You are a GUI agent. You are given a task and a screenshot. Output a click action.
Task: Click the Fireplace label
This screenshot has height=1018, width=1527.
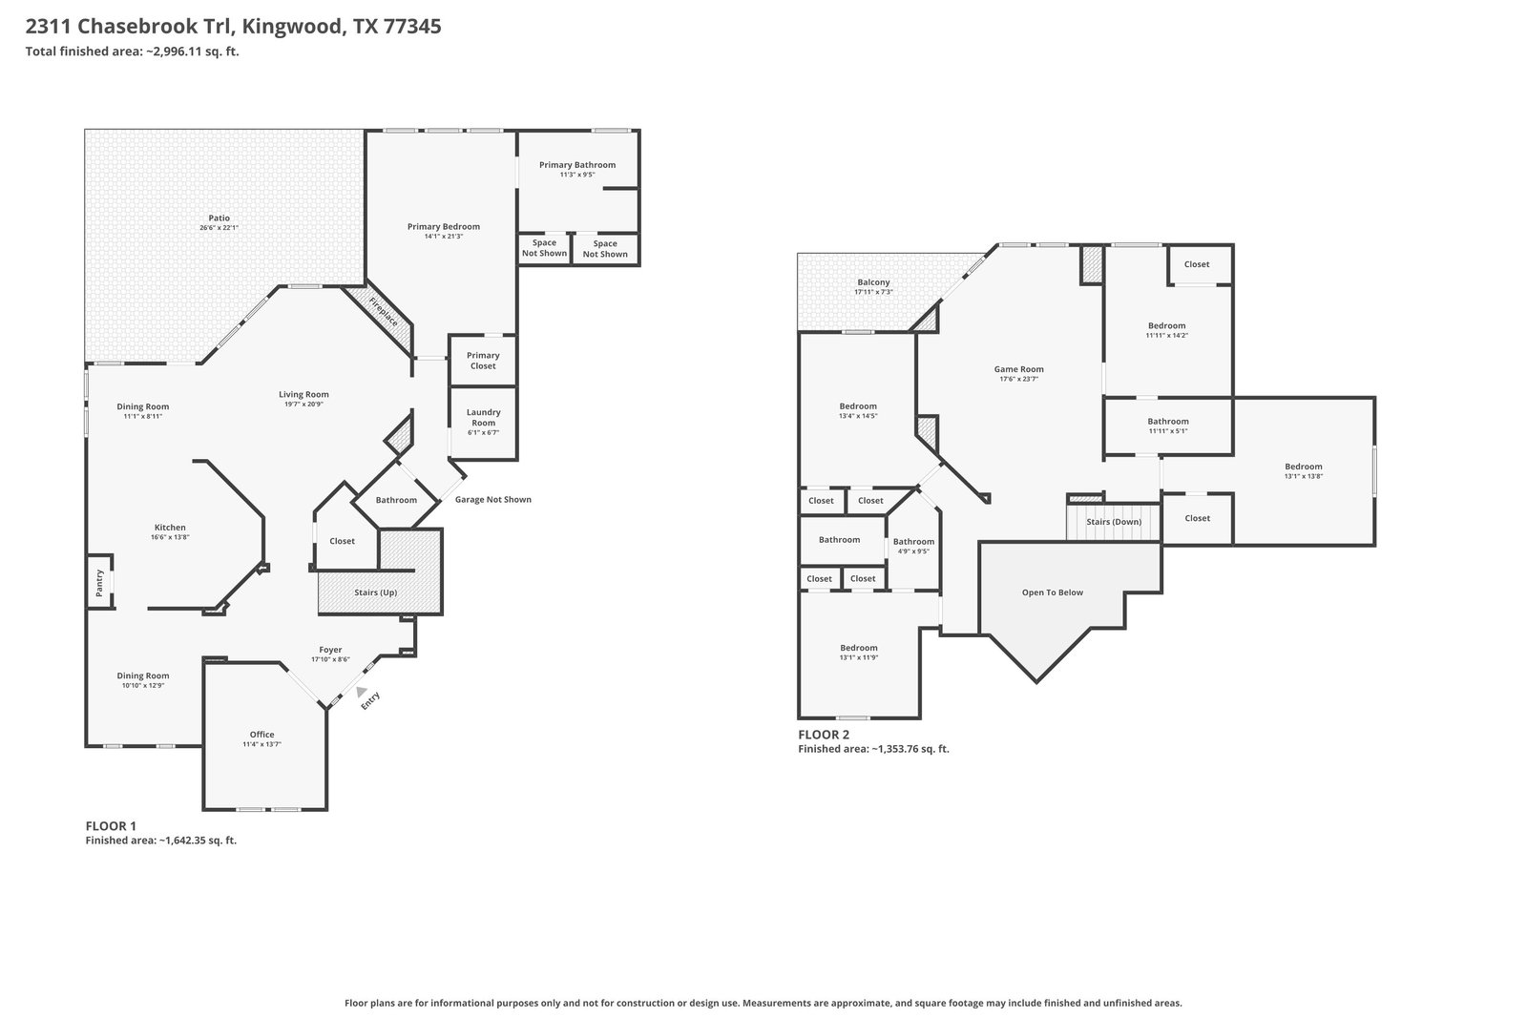pos(383,311)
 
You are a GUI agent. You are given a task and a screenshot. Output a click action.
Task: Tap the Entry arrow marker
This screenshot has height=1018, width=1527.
pos(361,692)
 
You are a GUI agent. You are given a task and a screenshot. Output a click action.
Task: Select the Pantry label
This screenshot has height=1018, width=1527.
pos(99,583)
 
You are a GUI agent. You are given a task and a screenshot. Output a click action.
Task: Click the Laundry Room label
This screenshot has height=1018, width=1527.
pos(483,417)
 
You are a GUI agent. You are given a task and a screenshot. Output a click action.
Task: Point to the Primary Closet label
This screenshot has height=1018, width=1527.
pos(483,361)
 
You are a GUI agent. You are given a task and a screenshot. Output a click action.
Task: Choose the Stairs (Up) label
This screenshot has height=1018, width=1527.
pos(376,592)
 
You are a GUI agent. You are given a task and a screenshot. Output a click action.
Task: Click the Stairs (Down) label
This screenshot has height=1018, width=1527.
pos(1114,521)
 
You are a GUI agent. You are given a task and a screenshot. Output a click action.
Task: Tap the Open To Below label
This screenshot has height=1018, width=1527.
pos(1053,592)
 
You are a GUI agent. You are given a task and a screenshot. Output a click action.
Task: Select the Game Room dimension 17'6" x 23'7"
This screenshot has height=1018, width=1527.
pos(1018,379)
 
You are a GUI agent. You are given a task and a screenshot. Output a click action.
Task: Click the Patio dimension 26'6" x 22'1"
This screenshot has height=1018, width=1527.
pos(219,228)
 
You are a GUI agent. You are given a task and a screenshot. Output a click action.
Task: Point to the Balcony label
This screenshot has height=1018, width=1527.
pos(873,282)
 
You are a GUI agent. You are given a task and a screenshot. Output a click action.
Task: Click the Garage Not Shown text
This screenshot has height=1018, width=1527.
pos(492,500)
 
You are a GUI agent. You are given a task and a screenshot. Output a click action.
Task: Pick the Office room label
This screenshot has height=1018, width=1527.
pos(261,734)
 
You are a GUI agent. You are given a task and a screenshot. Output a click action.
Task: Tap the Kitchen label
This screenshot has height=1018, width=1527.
pos(170,527)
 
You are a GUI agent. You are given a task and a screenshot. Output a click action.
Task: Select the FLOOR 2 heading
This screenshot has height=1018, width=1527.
pos(824,735)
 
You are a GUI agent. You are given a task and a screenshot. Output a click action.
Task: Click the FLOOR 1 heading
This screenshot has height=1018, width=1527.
pos(111,826)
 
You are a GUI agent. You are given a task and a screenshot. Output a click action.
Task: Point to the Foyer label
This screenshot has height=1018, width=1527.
pos(330,650)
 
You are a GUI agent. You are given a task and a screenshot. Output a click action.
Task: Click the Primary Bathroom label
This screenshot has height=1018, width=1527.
pos(577,164)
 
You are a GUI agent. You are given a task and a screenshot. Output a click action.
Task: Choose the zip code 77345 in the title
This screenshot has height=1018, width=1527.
pos(412,26)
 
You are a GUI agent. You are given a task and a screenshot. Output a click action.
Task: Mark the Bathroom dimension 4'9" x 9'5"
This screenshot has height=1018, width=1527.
pos(913,551)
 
